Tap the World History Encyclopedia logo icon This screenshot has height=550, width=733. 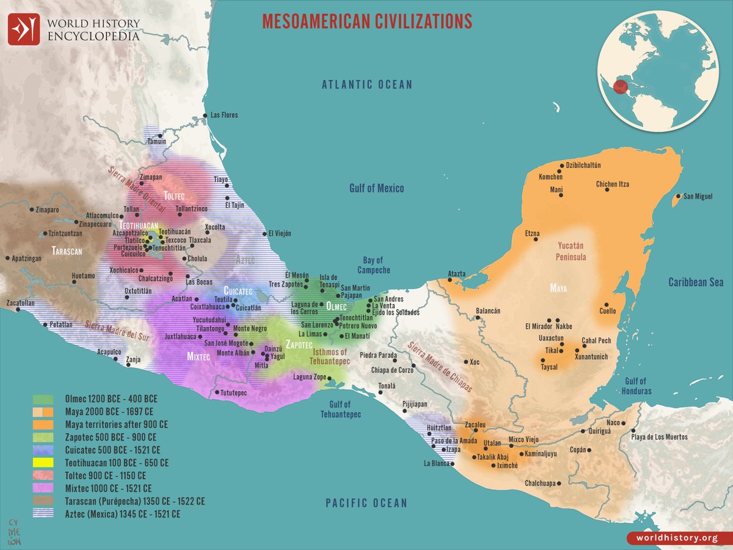click(24, 29)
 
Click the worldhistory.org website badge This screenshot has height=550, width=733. click(676, 538)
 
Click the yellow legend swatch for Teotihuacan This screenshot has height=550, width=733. click(45, 463)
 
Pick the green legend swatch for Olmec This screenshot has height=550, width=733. click(45, 398)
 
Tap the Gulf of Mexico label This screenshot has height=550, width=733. click(376, 188)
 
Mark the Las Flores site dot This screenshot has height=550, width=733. click(205, 115)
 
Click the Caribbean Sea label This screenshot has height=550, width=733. click(695, 282)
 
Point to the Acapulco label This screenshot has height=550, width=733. click(109, 352)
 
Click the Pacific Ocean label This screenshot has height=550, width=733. click(366, 503)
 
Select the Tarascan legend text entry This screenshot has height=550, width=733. click(134, 501)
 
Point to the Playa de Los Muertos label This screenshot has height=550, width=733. click(659, 437)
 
